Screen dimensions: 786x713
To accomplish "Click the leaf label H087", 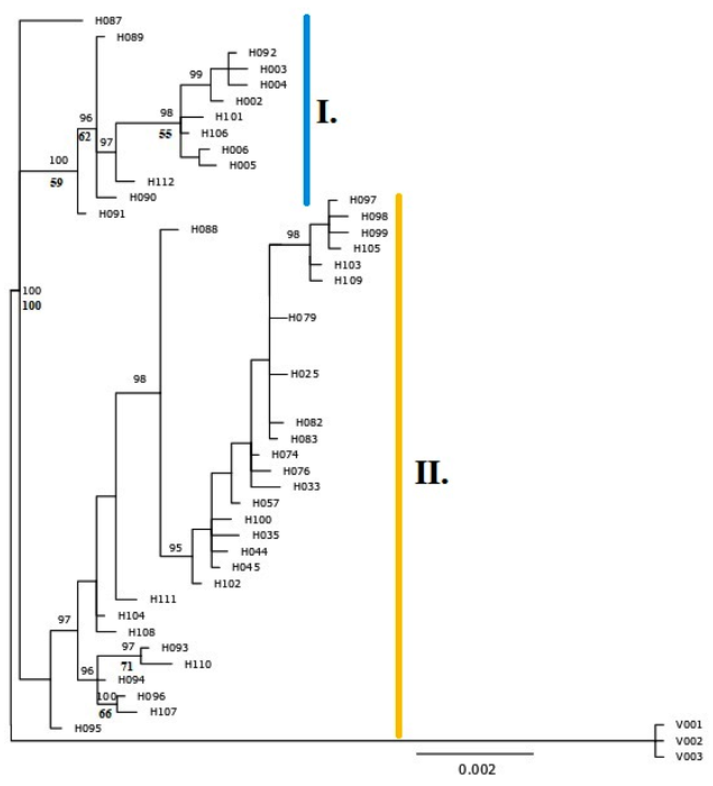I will tap(108, 21).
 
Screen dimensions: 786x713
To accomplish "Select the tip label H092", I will tap(262, 53).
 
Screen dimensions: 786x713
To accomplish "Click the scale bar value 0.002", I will tap(476, 769).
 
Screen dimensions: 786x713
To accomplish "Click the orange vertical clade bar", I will tap(399, 466).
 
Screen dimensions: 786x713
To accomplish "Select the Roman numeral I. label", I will tap(326, 112).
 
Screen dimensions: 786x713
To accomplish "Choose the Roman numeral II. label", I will tap(431, 473).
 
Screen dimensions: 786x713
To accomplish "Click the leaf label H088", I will tap(204, 230).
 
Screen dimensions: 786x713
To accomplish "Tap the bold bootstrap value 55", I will tap(166, 134).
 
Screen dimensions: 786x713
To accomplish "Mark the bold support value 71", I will tap(126, 667).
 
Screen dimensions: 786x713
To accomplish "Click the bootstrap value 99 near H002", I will tap(196, 74).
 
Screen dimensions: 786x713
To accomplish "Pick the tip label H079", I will tap(302, 318).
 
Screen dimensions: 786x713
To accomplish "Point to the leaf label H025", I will tap(305, 374).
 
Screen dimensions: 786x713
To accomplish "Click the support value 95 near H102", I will tap(175, 548).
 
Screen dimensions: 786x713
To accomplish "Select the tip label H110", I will tap(198, 664).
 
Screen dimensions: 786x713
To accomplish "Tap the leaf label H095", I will tap(88, 728).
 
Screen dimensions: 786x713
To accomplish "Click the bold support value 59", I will tap(56, 183).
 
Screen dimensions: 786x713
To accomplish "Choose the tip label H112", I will tap(161, 182).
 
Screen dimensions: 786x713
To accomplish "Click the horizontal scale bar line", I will tap(474, 754).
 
